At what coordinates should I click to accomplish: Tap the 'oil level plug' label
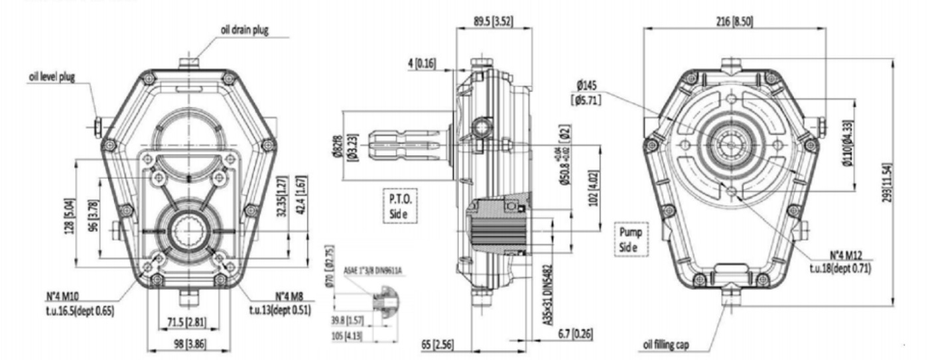pyautogui.click(x=52, y=76)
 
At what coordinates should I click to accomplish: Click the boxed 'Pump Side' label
pyautogui.click(x=633, y=239)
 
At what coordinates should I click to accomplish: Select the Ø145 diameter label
pyautogui.click(x=588, y=85)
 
